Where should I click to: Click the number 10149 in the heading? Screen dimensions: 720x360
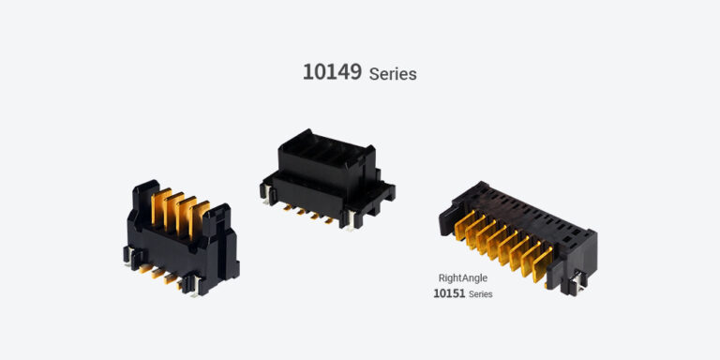332,72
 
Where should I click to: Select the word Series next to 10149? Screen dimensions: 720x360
393,74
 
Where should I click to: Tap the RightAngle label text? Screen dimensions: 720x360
462,277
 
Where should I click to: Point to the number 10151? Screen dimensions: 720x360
449,293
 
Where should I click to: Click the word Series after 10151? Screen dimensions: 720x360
480,294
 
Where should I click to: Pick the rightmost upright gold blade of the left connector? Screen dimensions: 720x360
200,219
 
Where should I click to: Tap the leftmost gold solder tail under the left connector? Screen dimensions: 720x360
147,268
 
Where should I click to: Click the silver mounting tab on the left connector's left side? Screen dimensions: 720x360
128,256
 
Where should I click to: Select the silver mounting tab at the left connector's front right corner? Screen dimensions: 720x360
195,286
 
